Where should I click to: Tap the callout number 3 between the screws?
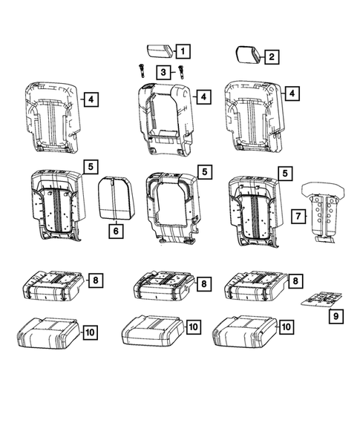[161, 71]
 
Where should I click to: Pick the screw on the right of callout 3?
[180, 72]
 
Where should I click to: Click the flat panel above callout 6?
[114, 199]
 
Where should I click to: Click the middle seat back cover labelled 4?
[165, 119]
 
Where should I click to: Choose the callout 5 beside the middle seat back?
[205, 171]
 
